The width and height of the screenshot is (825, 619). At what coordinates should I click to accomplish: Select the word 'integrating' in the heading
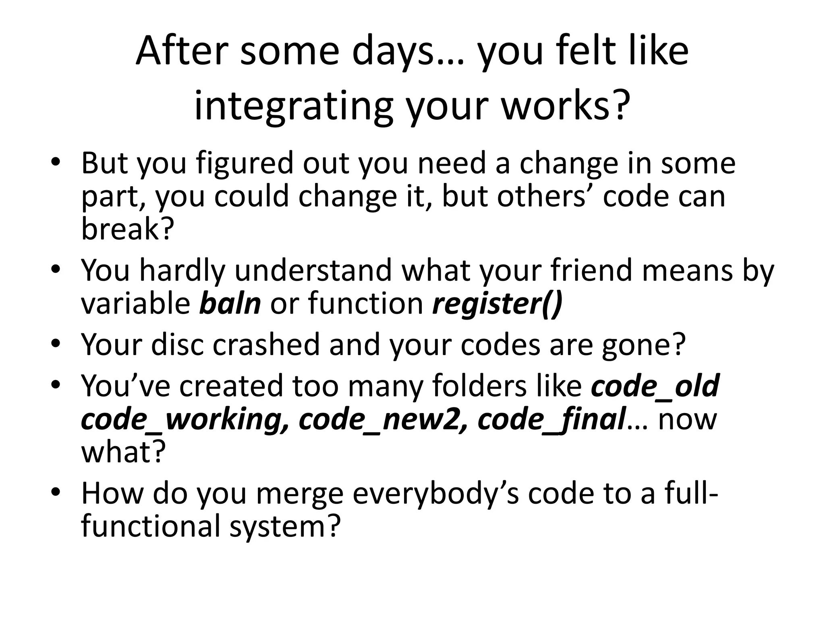pos(293,106)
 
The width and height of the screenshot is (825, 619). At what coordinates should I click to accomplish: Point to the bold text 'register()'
pos(497,304)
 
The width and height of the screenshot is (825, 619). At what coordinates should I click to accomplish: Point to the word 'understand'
pos(313,270)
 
